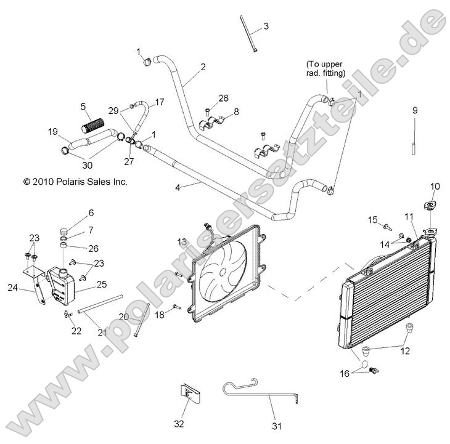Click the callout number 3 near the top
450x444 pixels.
click(266, 26)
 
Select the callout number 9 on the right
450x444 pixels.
click(415, 110)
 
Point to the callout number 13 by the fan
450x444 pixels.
click(182, 241)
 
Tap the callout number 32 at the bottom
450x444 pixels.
click(179, 424)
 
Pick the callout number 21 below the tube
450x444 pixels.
click(102, 333)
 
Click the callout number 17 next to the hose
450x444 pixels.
click(160, 103)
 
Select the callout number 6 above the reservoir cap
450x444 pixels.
click(91, 212)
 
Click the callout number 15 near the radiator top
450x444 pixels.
click(372, 219)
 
